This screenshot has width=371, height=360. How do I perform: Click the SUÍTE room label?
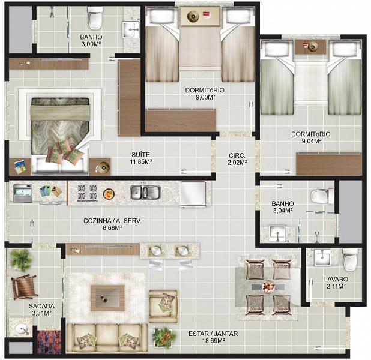click(141, 155)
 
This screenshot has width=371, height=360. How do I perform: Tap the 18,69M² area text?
click(213, 341)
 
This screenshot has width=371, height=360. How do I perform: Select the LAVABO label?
click(336, 279)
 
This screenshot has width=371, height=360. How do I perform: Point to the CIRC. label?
click(237, 155)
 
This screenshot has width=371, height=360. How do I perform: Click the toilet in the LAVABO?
click(350, 259)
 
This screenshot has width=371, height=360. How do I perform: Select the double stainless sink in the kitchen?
click(145, 192)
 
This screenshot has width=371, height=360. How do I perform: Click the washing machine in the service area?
click(23, 193)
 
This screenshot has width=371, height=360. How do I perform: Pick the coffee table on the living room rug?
click(108, 298)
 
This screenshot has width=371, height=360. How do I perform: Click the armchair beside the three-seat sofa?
click(163, 307)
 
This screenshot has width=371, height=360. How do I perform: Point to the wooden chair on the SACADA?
click(24, 287)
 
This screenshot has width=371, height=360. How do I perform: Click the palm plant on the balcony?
click(21, 260)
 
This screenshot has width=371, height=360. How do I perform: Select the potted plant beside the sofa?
click(164, 338)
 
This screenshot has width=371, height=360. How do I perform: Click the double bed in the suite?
click(61, 135)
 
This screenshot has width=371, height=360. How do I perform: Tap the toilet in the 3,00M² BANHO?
click(95, 19)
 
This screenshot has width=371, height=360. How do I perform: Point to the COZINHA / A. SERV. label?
click(112, 221)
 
